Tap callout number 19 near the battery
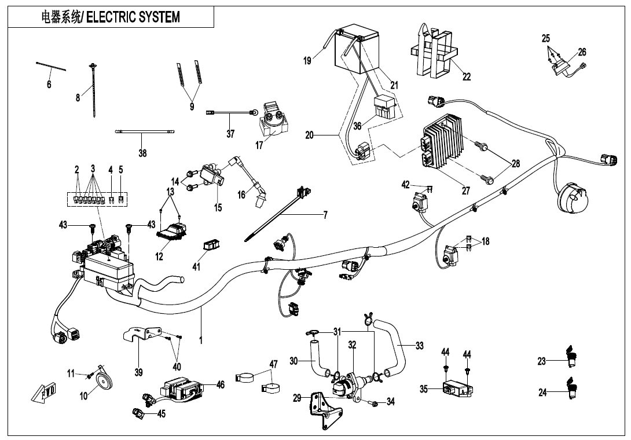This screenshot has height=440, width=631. coord(307,61)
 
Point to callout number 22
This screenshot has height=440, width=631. coord(467,77)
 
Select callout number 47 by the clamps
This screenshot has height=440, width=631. coord(273,364)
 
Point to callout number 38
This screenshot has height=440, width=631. coord(142,153)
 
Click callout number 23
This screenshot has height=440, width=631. coord(542,361)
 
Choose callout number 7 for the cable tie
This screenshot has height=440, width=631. coord(325,215)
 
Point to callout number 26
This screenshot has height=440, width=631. coord(582,52)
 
